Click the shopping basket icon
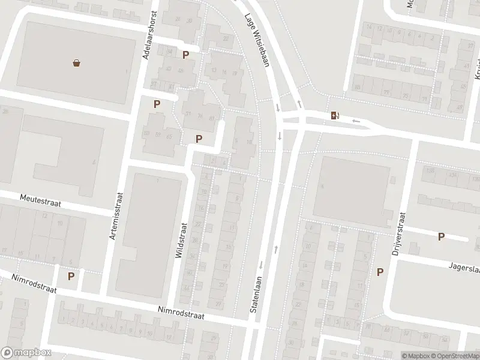(77, 62)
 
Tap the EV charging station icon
(334, 115)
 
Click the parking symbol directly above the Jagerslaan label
(441, 237)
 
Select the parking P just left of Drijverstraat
(380, 272)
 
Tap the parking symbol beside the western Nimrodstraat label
(71, 276)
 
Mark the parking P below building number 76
(199, 139)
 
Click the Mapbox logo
(26, 352)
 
